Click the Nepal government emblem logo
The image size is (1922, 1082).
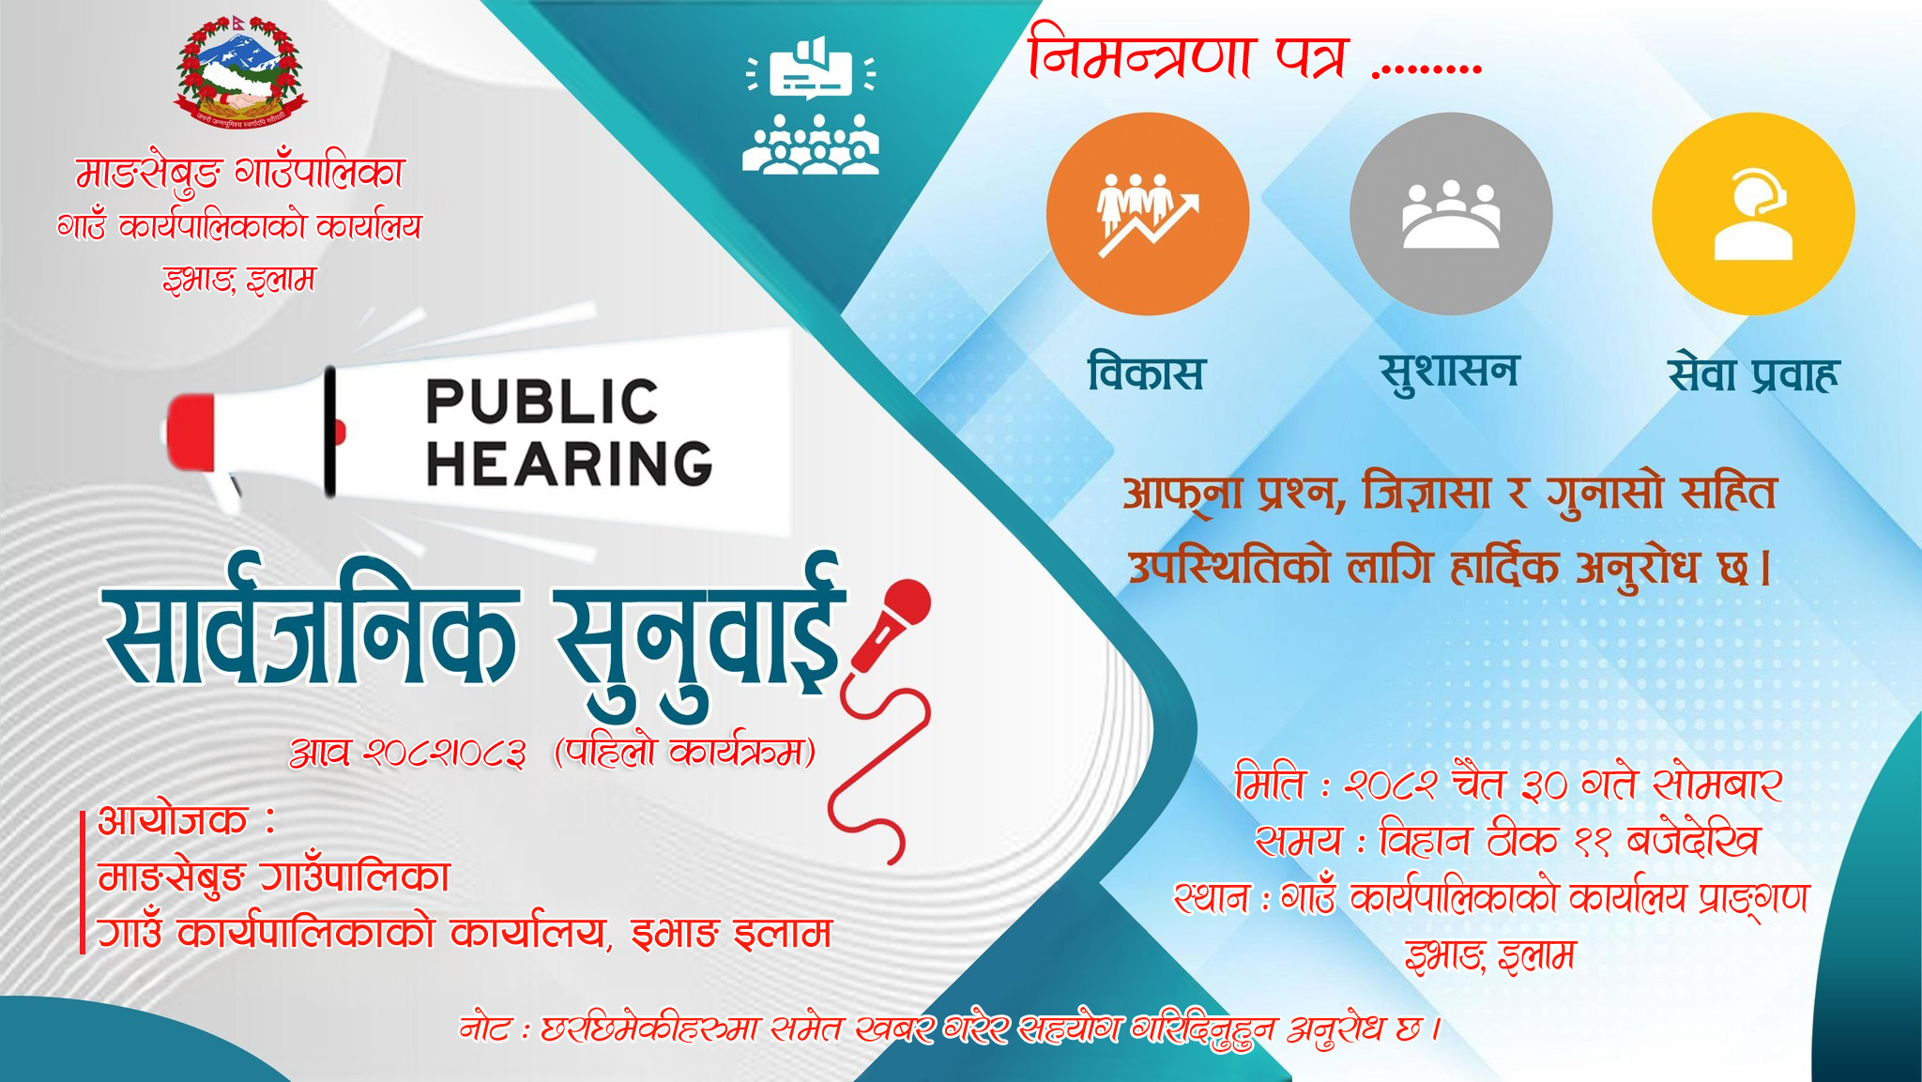(x=240, y=72)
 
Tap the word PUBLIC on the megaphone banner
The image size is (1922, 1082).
(x=542, y=403)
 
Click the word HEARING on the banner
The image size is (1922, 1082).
(x=569, y=463)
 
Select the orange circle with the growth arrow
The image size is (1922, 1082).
(x=1148, y=214)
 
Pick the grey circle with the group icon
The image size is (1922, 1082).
(x=1451, y=214)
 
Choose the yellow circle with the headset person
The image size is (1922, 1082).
(x=1753, y=214)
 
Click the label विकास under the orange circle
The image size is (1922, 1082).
(x=1146, y=373)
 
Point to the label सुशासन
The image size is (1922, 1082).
(x=1448, y=373)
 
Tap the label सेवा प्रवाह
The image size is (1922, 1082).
(x=1752, y=373)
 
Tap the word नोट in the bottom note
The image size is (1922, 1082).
(x=485, y=1029)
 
